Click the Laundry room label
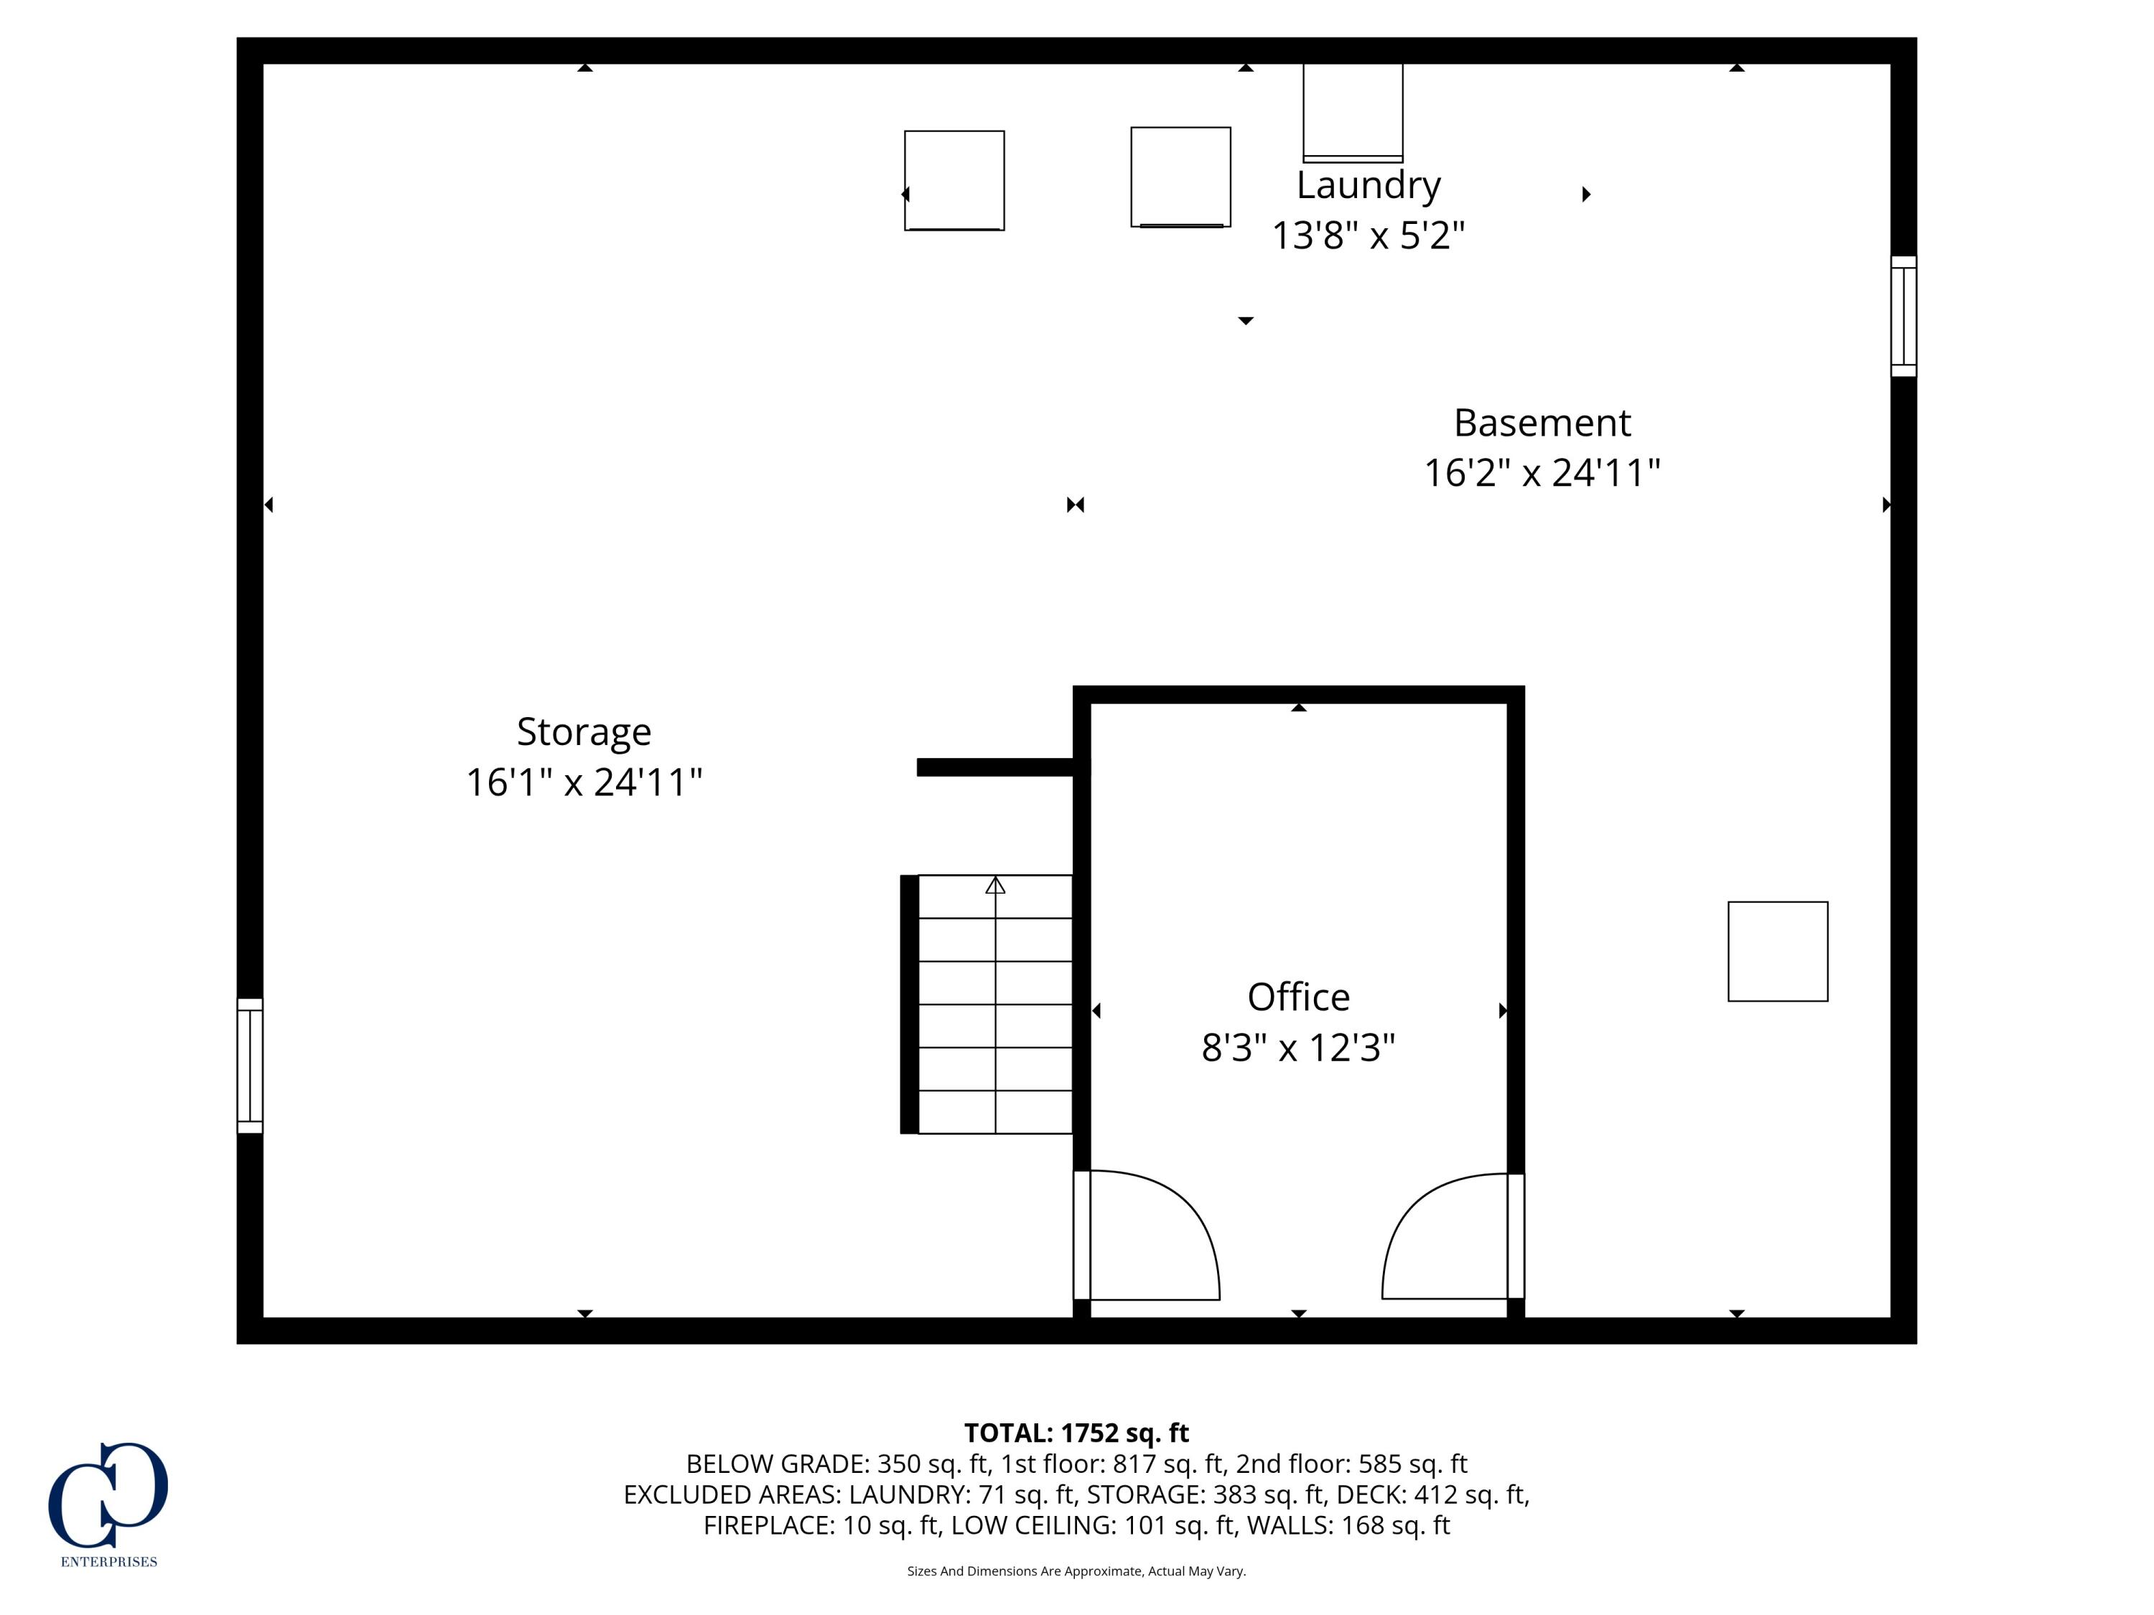point(1369,185)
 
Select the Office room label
point(1298,997)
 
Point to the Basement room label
point(1542,423)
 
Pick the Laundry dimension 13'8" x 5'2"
point(1369,235)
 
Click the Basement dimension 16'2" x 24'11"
point(1542,473)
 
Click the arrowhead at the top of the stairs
point(995,885)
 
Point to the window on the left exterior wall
point(251,1065)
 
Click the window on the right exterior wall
point(1903,317)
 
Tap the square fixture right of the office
point(1777,951)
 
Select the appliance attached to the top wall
point(1353,112)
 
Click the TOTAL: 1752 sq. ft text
point(1076,1433)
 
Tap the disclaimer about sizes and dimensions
point(1076,1571)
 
